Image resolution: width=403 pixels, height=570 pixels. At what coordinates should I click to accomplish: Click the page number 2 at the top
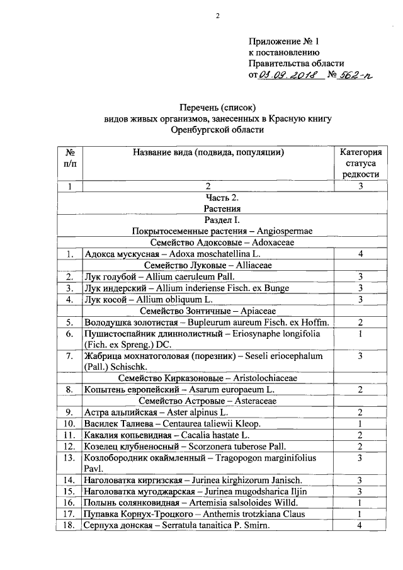[x=217, y=17]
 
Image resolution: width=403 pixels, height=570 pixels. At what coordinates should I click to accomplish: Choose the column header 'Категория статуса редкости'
[x=360, y=163]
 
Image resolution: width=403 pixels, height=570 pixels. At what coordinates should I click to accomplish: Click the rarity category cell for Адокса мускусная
[x=360, y=254]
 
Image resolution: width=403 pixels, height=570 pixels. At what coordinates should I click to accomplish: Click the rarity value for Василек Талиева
[x=360, y=424]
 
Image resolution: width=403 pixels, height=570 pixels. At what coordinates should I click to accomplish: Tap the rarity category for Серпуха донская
[x=360, y=526]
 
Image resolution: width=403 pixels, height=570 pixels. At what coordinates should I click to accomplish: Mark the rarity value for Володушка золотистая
[x=360, y=322]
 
